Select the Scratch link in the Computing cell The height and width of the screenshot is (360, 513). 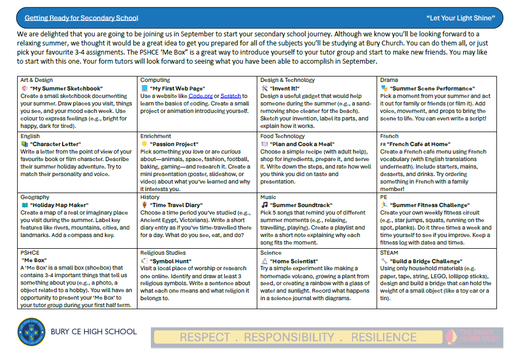click(x=231, y=96)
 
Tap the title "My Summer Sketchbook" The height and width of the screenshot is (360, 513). click(x=66, y=89)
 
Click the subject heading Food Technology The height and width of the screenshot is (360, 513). click(x=281, y=136)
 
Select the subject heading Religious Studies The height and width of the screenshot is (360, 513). click(x=163, y=253)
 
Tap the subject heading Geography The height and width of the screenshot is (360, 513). click(x=35, y=197)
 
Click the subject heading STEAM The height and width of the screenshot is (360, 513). click(x=389, y=253)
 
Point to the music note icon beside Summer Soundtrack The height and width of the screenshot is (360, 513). click(x=264, y=205)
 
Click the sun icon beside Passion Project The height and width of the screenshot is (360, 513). click(x=144, y=144)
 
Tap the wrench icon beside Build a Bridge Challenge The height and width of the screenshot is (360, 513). click(x=384, y=262)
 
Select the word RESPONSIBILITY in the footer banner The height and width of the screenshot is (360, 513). click(x=289, y=338)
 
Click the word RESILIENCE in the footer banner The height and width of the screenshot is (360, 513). click(x=384, y=338)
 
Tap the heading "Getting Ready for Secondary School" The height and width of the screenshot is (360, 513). click(x=81, y=18)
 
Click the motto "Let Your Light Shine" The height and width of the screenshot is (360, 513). click(x=461, y=18)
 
